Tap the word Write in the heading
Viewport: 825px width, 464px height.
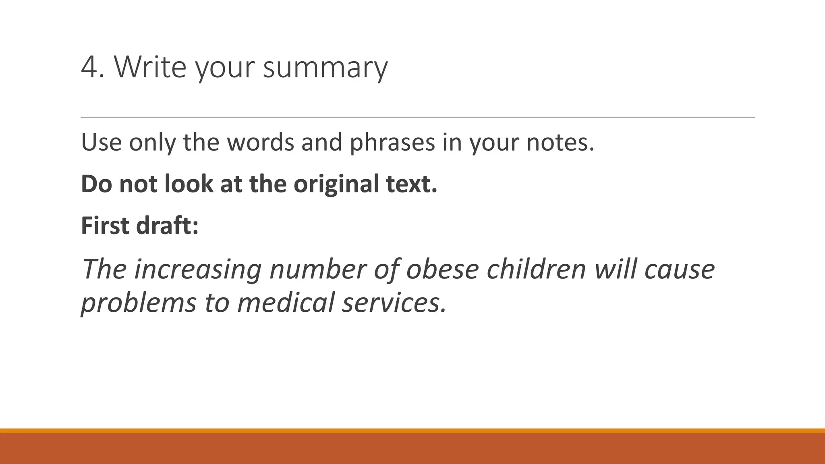[x=150, y=67]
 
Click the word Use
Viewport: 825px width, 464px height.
[x=101, y=142]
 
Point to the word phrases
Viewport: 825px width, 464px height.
[x=392, y=143]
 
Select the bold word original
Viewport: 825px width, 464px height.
[x=336, y=184]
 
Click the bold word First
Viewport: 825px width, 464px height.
[x=105, y=226]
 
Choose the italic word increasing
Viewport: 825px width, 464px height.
[x=198, y=269]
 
